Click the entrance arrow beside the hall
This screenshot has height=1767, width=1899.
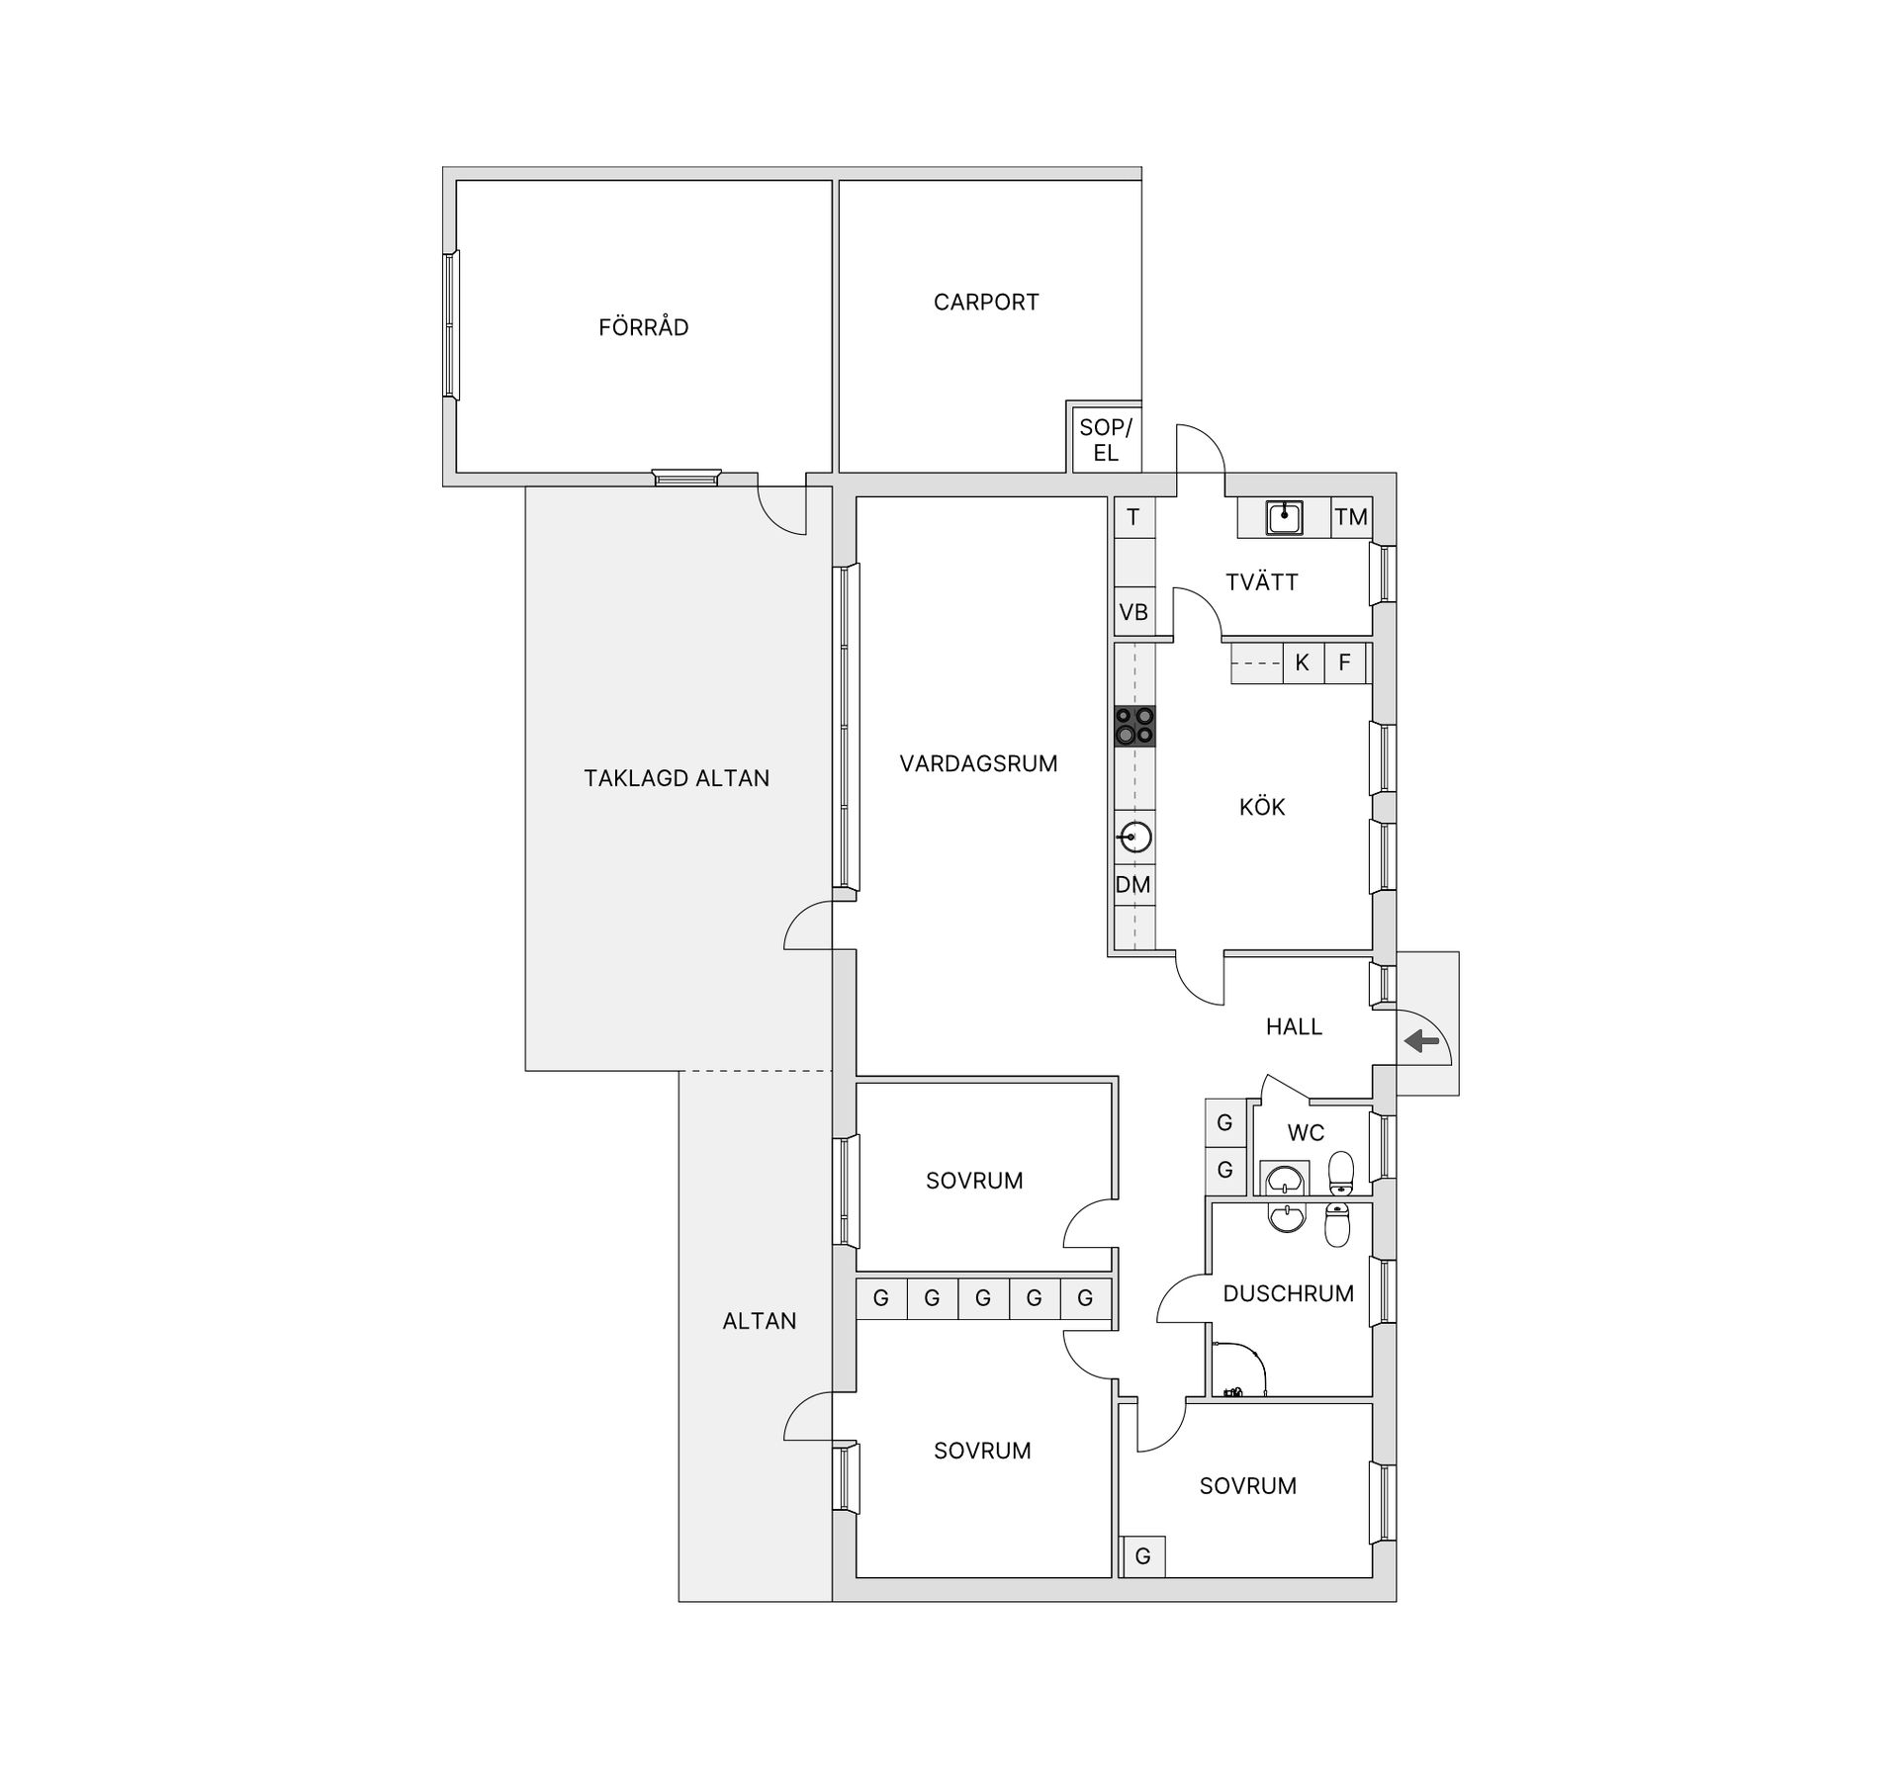(x=1421, y=1040)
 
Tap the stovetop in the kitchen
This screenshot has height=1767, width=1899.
(x=1134, y=725)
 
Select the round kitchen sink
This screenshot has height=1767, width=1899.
(x=1134, y=838)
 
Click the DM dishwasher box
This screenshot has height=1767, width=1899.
(x=1133, y=884)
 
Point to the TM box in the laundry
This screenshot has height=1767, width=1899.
(x=1351, y=516)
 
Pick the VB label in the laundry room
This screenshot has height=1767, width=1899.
(x=1133, y=612)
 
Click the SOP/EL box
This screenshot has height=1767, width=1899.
(x=1106, y=440)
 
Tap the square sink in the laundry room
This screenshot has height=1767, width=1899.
(x=1284, y=517)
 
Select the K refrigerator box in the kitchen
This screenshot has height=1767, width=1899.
(x=1302, y=663)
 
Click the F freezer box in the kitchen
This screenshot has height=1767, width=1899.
(x=1344, y=663)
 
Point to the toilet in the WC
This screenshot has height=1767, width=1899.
(x=1340, y=1172)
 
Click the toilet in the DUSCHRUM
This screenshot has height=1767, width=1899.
(x=1337, y=1225)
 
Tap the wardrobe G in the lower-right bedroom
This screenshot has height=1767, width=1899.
(x=1142, y=1556)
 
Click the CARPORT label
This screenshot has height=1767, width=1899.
(x=986, y=303)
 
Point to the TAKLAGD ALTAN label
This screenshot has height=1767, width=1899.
(x=677, y=778)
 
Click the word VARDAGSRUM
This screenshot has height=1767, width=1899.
(x=978, y=763)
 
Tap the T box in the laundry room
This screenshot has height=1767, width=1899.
(x=1133, y=516)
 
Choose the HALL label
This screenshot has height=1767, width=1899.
(x=1294, y=1026)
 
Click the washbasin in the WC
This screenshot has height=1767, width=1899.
(x=1285, y=1179)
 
